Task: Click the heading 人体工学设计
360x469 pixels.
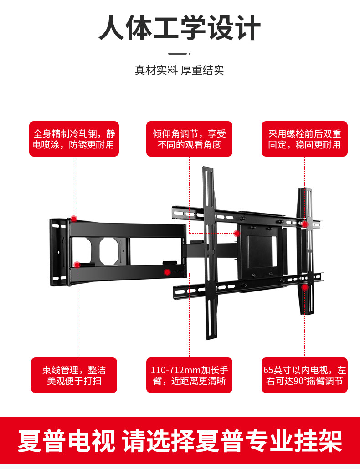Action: pos(180,28)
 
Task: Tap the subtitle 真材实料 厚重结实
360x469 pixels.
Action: pos(180,71)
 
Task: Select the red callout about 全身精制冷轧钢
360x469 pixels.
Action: pos(74,139)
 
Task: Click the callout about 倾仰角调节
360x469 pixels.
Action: pos(189,139)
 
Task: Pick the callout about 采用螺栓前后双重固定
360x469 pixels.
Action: pos(304,139)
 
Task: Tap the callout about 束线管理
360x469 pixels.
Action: pos(74,375)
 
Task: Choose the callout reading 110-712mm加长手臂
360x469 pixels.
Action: pos(189,375)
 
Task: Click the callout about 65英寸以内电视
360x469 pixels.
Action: pos(304,375)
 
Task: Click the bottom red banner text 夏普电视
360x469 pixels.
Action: pos(67,441)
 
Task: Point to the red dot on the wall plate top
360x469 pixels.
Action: pos(74,218)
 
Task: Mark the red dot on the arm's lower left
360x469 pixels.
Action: pos(77,265)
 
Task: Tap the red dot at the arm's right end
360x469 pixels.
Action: pos(167,272)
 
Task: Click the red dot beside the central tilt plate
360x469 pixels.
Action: pos(237,234)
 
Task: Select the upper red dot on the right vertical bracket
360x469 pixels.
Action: pos(304,224)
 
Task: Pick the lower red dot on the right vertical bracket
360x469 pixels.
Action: pos(304,287)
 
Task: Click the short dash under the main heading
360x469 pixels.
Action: pos(177,53)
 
